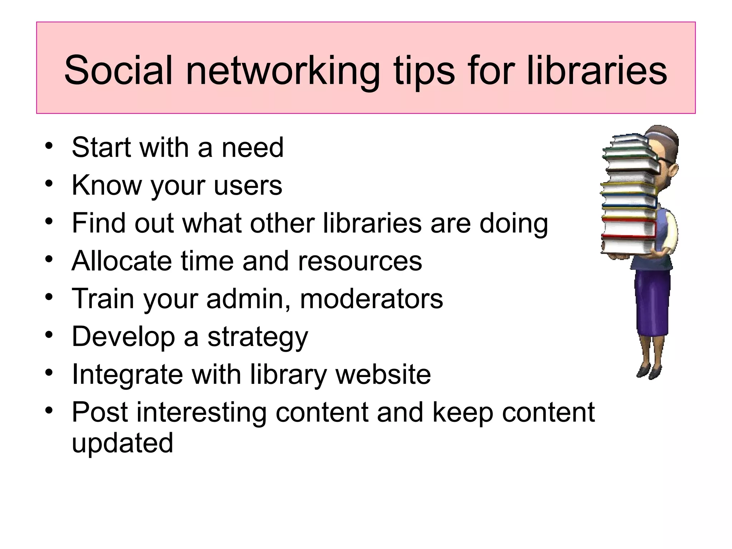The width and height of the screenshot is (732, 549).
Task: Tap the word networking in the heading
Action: click(282, 71)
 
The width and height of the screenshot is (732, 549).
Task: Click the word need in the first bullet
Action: click(252, 147)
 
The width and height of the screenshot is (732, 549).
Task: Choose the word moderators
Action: click(371, 299)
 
